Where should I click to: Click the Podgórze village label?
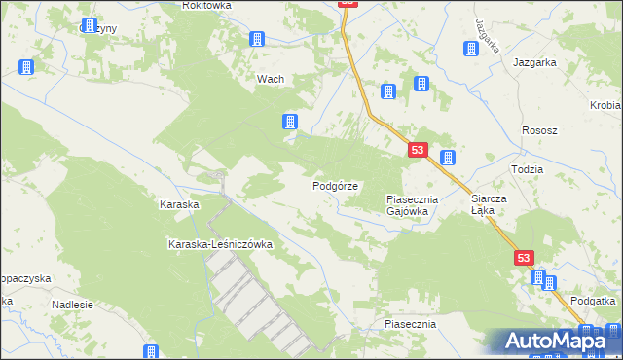click(x=336, y=185)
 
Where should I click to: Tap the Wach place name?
click(x=270, y=80)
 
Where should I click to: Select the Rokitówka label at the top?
click(x=205, y=6)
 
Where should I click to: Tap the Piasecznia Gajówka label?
click(x=414, y=204)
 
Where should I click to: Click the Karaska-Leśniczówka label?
click(x=220, y=244)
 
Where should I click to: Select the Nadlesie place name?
click(x=73, y=304)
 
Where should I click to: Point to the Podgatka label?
click(x=594, y=301)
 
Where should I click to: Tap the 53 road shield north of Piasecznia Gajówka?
click(x=418, y=150)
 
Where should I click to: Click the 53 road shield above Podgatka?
click(x=525, y=257)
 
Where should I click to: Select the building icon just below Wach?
click(x=289, y=122)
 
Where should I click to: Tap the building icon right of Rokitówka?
click(x=257, y=39)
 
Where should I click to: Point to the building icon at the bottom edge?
click(x=151, y=352)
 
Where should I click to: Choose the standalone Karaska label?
click(x=179, y=205)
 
